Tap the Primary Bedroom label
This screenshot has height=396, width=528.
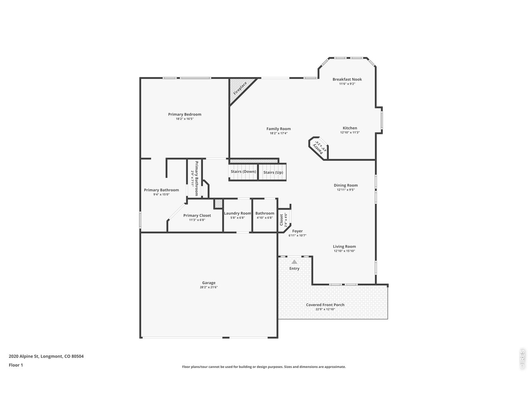pos(184,114)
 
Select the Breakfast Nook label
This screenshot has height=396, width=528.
pos(347,79)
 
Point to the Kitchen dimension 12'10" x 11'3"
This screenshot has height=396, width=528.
pos(350,132)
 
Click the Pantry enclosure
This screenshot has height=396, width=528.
pos(318,146)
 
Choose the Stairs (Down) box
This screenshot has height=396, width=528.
pos(243,172)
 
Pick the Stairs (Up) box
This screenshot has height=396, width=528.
pos(273,172)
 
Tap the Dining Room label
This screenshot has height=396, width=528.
pos(346,185)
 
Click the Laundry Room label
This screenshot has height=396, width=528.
pos(237,213)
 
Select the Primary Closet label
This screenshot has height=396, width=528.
pos(197,215)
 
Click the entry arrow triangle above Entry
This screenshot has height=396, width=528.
pos(294,262)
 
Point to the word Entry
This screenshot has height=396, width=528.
pos(294,269)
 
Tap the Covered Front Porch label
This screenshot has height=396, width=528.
pos(325,305)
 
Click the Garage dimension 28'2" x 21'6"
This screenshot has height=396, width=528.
pos(209,287)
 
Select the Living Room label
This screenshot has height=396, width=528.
pos(344,247)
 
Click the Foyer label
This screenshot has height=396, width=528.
pos(297,231)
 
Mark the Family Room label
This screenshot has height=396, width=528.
pos(278,129)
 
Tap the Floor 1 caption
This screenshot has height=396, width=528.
pos(16,365)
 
